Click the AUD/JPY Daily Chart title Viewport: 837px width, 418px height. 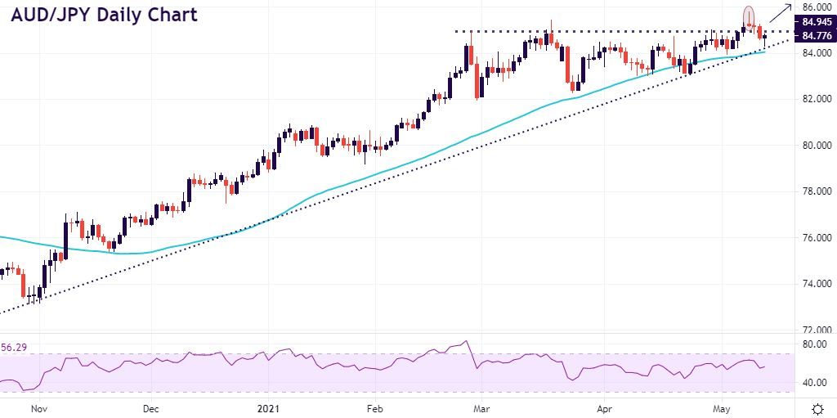(104, 16)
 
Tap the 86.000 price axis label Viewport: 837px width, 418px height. (817, 7)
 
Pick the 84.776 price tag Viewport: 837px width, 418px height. (817, 36)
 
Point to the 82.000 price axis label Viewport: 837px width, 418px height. (817, 99)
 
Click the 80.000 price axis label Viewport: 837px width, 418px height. (817, 146)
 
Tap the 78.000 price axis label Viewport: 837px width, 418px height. (817, 191)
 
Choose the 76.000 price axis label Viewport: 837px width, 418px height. (817, 238)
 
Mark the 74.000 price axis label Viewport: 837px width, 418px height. (817, 284)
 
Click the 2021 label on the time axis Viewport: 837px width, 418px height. (269, 407)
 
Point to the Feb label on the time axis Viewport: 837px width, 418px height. (374, 407)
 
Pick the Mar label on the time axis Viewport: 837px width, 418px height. (482, 407)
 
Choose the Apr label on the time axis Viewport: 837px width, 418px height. (604, 407)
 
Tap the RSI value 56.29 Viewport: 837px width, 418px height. (12, 348)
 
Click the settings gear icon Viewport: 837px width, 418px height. (817, 407)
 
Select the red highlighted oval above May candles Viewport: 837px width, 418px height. (748, 16)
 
